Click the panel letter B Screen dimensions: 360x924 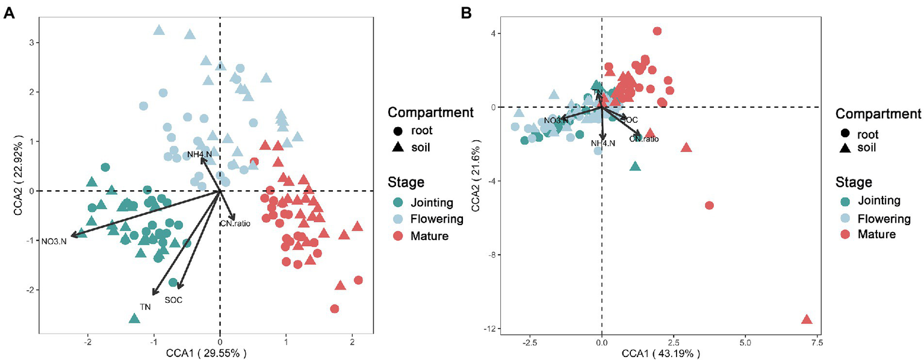pos(466,13)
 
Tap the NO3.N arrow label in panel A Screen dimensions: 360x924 pos(54,242)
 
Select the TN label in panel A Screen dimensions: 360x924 pos(145,306)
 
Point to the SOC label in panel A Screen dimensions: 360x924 pos(173,300)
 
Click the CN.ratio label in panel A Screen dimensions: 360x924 pos(235,223)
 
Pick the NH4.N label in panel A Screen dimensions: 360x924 pos(199,155)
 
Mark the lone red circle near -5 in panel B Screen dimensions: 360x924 pos(709,205)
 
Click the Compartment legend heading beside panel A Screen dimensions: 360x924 pos(430,112)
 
